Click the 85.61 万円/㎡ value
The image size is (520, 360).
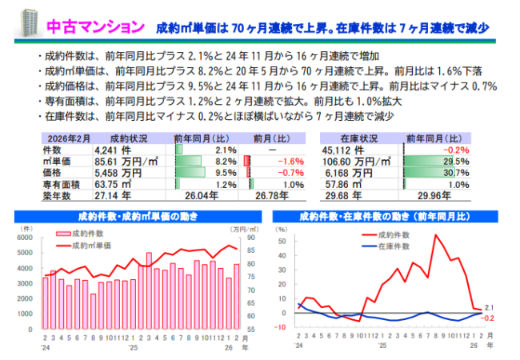tap(119, 161)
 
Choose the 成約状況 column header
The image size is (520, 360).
tap(129, 138)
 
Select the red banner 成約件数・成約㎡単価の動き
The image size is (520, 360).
tap(137, 216)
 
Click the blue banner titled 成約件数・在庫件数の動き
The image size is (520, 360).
tap(384, 216)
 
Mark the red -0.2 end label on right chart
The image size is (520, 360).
tap(490, 318)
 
